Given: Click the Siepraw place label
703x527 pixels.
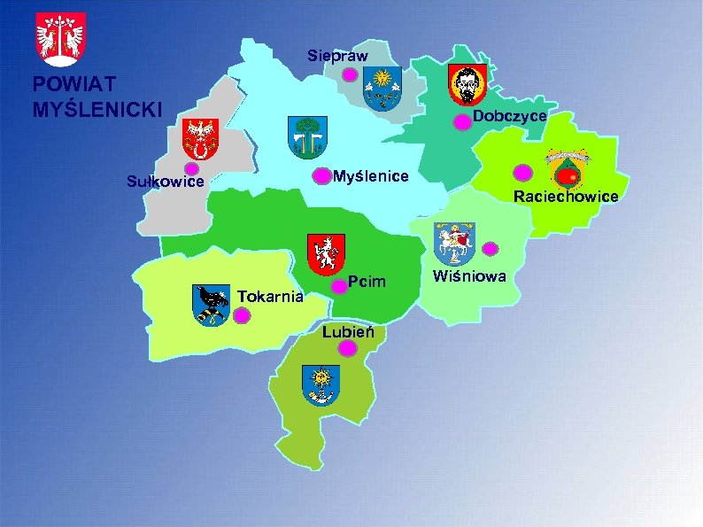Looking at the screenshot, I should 337,56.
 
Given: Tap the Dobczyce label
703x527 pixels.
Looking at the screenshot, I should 509,117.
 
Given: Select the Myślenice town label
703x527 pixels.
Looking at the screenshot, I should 371,176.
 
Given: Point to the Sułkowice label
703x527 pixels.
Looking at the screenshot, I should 166,182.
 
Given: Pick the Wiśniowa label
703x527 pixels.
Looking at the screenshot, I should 469,276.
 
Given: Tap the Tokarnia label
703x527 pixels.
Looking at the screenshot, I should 272,295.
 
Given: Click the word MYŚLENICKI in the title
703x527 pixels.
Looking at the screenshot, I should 97,110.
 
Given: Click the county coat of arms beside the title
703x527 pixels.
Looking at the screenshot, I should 60,39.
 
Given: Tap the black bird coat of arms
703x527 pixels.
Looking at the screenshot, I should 211,305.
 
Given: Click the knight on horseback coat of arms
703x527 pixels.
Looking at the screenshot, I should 454,242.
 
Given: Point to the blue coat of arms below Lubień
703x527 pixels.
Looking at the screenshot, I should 321,385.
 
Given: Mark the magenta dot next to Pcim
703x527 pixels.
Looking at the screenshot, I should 338,287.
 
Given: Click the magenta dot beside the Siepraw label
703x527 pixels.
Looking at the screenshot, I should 350,75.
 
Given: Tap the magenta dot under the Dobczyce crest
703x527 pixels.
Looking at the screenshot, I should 462,123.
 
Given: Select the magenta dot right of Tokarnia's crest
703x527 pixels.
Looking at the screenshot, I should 243,314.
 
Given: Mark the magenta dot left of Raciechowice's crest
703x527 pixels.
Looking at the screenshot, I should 523,173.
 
